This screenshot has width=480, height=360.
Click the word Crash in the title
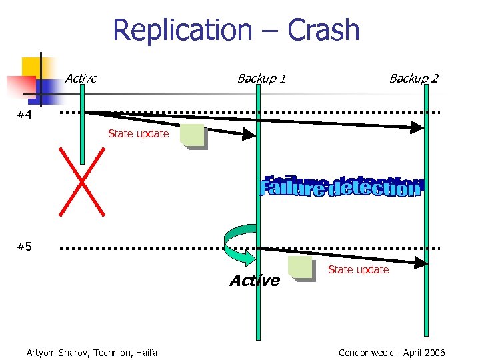point(323,30)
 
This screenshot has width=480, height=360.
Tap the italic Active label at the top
point(81,79)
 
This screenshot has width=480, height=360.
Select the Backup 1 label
point(261,79)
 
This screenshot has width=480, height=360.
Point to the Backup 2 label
point(413,79)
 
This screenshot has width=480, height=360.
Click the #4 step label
point(25,115)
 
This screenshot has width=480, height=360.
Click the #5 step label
point(25,247)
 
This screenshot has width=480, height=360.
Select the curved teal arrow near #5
point(237,243)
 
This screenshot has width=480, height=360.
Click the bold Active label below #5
point(254,281)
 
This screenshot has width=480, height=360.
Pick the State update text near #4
point(138,134)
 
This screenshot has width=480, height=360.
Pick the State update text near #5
point(358,270)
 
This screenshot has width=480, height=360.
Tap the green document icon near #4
point(193,136)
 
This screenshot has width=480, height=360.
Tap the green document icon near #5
point(301,268)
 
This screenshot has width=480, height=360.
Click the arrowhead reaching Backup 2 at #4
point(418,127)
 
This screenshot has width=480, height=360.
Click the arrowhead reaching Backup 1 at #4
point(249,135)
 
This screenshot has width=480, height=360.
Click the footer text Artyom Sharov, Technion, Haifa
point(91,353)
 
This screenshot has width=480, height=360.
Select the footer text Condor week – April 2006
point(391,353)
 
